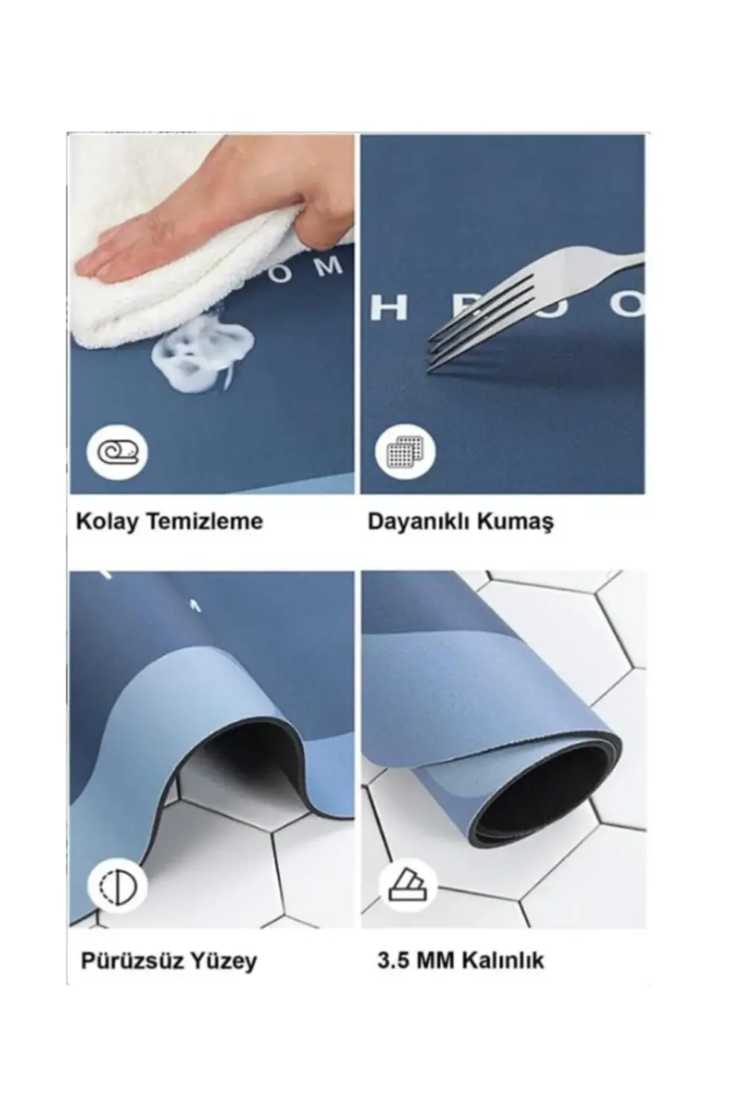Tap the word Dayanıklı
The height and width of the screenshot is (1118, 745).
[418, 522]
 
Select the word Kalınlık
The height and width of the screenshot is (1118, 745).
[506, 959]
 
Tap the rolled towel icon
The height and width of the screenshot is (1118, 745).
[118, 452]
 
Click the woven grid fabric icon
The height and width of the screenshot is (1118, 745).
[405, 452]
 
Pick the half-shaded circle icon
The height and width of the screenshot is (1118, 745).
[118, 886]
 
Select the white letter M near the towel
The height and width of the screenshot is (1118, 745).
[327, 265]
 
